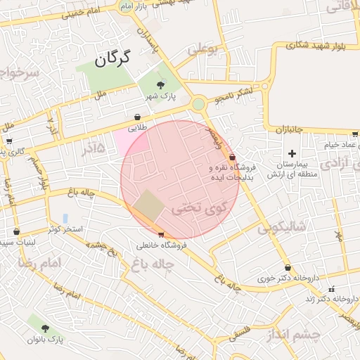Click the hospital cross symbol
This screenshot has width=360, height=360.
(x=292, y=153)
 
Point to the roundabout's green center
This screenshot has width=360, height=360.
(x=199, y=104)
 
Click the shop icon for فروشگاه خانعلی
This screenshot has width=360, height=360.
(x=162, y=234)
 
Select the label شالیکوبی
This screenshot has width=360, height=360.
(x=281, y=227)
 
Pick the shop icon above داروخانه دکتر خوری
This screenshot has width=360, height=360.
(x=288, y=267)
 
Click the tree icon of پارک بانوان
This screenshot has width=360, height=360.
(x=46, y=328)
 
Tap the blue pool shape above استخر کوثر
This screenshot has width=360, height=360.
(x=65, y=218)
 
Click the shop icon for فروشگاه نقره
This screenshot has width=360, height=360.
(x=232, y=158)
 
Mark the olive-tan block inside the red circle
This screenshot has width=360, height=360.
(x=148, y=205)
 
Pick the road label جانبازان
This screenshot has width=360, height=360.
(x=288, y=130)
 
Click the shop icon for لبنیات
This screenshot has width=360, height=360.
(x=16, y=231)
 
